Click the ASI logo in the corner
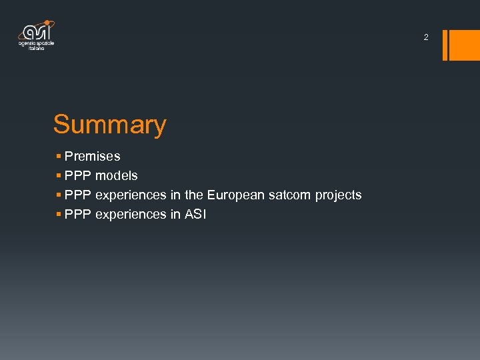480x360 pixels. pos(37,36)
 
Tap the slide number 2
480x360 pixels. pos(426,38)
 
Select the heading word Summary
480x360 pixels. pos(110,125)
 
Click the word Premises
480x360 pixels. pos(93,157)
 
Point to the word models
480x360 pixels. pos(117,176)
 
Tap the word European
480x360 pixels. pos(236,195)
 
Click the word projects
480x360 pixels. pos(339,195)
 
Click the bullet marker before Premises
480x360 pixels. pos(59,157)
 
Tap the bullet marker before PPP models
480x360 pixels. pos(59,176)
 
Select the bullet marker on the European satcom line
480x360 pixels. pos(59,195)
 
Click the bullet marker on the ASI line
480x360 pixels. pos(59,215)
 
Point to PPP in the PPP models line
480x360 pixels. pos(78,176)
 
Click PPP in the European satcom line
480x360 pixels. pos(78,195)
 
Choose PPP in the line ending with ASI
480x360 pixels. pos(78,215)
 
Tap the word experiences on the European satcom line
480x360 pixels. pos(133,195)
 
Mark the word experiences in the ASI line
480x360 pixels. pos(133,215)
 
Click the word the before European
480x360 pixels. pos(194,195)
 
